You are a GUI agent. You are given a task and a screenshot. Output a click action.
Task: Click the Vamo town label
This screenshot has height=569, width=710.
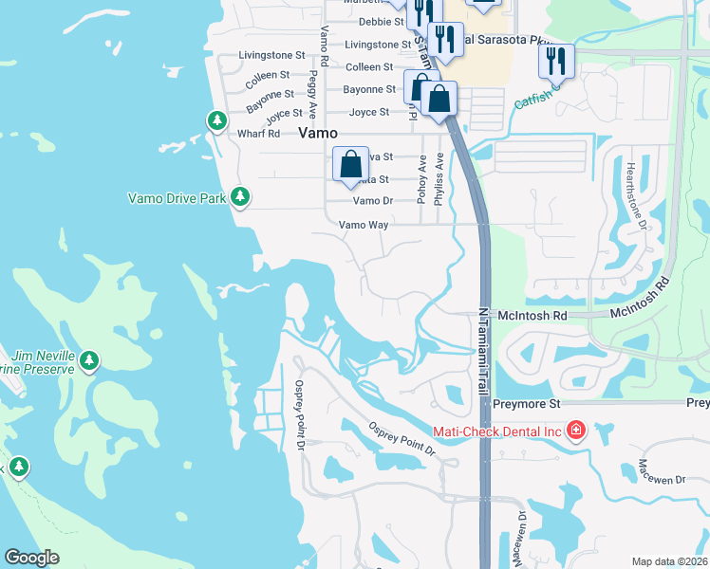(319, 134)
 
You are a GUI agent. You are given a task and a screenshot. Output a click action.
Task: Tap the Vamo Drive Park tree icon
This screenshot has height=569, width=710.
(241, 196)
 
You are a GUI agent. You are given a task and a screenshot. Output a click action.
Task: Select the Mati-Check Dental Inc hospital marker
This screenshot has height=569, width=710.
(575, 431)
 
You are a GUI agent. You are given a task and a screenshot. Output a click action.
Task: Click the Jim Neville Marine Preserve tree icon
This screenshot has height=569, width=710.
(89, 360)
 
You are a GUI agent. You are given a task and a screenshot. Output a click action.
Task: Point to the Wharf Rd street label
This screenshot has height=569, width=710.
(259, 134)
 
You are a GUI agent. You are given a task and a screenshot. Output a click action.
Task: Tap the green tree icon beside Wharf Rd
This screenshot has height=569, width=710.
(217, 120)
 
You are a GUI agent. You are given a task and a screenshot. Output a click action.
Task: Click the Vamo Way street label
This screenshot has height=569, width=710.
(364, 225)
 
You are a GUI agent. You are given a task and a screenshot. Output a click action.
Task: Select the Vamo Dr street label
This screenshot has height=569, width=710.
(372, 201)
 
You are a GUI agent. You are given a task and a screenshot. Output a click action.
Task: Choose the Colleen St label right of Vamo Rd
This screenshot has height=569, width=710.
(369, 67)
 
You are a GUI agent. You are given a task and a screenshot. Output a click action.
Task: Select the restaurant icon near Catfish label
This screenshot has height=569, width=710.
(555, 62)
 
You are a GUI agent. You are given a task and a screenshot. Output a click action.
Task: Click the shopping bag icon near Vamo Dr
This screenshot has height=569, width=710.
(350, 164)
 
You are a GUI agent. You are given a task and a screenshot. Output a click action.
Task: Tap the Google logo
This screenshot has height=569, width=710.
(31, 558)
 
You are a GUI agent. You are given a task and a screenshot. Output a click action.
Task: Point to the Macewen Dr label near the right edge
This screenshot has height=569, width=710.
(661, 472)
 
